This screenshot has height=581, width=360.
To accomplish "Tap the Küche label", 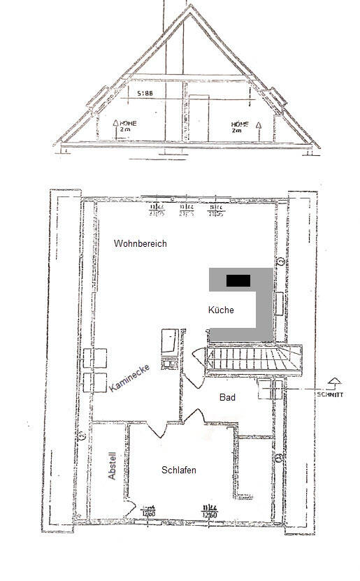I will pos(221,310).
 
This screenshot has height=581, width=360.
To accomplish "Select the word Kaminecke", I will pos(129,377).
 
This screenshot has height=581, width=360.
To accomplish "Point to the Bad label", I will pos(227,398).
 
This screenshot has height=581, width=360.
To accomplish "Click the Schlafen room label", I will pos(178,471).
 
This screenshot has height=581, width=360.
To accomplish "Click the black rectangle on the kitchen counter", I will pos(238,280).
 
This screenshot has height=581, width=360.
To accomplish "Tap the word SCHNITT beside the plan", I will pos(331,394).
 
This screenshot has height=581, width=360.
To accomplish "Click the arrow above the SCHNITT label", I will pos(334,381).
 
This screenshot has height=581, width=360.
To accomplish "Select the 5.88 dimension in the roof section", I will pos(145,92).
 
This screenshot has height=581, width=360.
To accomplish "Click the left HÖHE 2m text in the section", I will pos(127,125).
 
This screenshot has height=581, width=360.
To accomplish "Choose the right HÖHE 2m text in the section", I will pos(240,127).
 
